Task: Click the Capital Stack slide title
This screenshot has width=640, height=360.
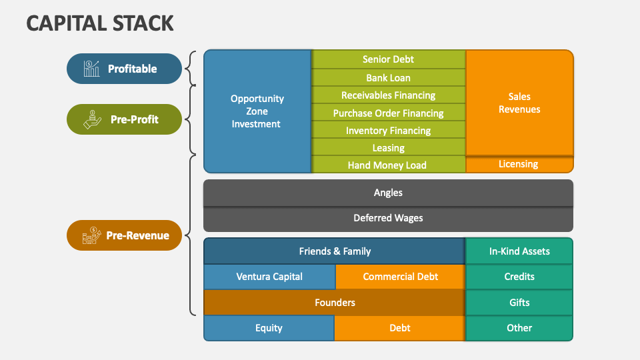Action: [x=100, y=23]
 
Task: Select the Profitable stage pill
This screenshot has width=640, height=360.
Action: [x=124, y=69]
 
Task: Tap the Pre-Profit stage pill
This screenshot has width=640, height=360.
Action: [x=124, y=119]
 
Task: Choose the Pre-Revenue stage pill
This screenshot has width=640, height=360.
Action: [x=124, y=235]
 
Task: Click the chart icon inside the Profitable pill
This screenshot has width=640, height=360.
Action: [x=91, y=69]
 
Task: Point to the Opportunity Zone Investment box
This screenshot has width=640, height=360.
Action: [x=257, y=111]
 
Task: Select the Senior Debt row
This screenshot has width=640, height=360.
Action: [x=388, y=59]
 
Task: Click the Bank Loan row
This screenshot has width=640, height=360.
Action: [x=388, y=77]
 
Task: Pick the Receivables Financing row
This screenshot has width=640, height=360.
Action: [x=388, y=95]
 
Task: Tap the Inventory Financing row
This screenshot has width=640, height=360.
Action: [x=388, y=131]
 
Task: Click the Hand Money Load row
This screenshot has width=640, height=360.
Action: [x=388, y=165]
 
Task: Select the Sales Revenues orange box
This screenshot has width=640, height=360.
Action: [x=519, y=103]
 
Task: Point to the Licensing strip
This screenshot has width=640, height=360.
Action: [x=519, y=164]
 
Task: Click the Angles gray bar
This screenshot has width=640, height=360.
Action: [x=388, y=193]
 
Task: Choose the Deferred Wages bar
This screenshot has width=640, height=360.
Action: [x=388, y=218]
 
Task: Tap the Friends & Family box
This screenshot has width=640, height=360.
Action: [x=334, y=251]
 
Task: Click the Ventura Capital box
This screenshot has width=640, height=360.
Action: [x=269, y=277]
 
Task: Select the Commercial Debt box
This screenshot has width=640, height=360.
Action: [x=400, y=277]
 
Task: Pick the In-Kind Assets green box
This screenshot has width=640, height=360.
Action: [x=519, y=251]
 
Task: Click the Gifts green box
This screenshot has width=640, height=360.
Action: [x=519, y=303]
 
